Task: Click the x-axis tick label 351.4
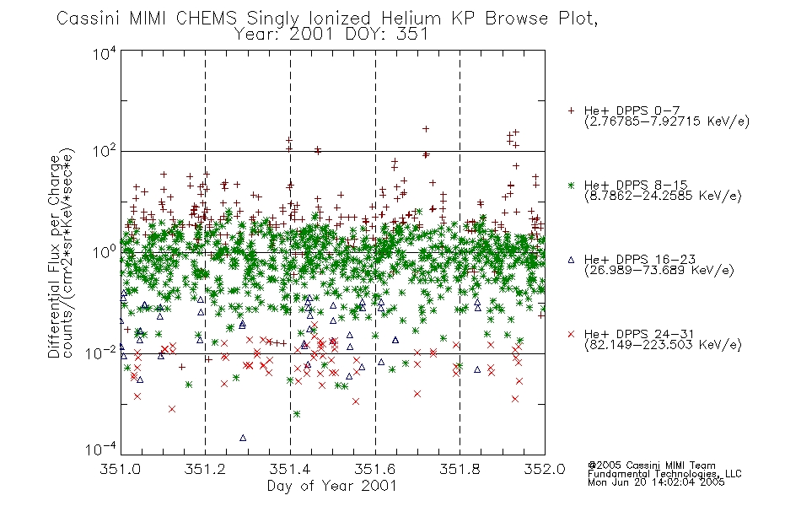tap(290, 469)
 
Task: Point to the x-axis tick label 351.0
tap(121, 469)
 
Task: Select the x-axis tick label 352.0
tap(545, 469)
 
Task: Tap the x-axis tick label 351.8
tap(460, 469)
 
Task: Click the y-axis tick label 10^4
tap(105, 53)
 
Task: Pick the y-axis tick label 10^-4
tap(100, 449)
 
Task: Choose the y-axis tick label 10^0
tap(105, 252)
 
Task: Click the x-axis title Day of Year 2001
tap(332, 486)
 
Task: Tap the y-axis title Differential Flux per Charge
tap(54, 256)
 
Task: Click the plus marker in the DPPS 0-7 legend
tap(571, 110)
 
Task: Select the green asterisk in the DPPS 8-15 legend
tap(571, 186)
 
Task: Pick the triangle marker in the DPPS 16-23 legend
tap(571, 260)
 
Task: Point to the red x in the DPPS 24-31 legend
tap(571, 334)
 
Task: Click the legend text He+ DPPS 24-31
tap(639, 334)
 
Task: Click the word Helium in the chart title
tap(411, 19)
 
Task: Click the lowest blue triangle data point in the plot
tap(243, 438)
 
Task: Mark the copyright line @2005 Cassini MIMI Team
tap(651, 466)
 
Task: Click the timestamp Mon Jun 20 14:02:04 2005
tap(656, 482)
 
